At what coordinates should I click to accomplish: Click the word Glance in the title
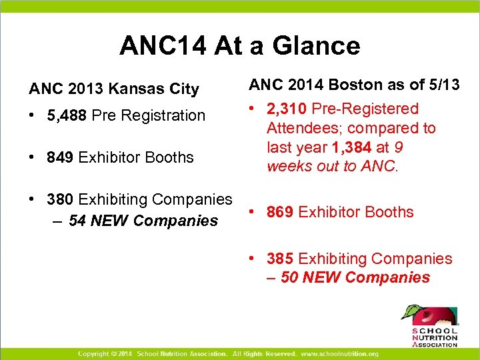pyautogui.click(x=319, y=45)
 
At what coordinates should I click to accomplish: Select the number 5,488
pyautogui.click(x=67, y=115)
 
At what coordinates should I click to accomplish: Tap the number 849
pyautogui.click(x=60, y=157)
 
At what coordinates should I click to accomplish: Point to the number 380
pyautogui.click(x=60, y=199)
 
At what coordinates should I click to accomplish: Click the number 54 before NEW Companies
pyautogui.click(x=78, y=220)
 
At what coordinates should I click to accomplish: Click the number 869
pyautogui.click(x=280, y=212)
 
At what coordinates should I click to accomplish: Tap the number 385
pyautogui.click(x=280, y=259)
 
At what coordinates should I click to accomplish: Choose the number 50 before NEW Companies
pyautogui.click(x=289, y=277)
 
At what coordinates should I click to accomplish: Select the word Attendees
pyautogui.click(x=299, y=128)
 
